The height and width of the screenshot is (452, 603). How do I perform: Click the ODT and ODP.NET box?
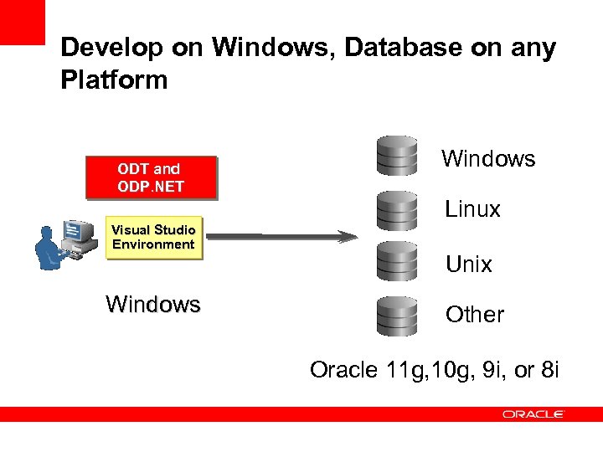click(x=151, y=177)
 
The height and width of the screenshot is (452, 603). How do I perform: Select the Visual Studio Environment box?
click(x=154, y=238)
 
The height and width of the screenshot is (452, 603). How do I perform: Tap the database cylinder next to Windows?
click(x=397, y=157)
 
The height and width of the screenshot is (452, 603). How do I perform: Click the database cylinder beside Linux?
click(x=397, y=210)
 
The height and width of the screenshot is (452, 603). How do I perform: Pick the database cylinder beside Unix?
click(x=397, y=263)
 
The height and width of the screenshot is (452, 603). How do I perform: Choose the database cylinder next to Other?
click(x=397, y=316)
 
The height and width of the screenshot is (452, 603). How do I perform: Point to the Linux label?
click(x=472, y=209)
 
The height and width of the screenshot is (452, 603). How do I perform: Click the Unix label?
click(x=468, y=265)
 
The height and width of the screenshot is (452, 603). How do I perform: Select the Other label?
click(x=474, y=315)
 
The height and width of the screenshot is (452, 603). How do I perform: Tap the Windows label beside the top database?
click(x=488, y=159)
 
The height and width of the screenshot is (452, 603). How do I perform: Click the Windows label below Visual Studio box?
click(x=153, y=304)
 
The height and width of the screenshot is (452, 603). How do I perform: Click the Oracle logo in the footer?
click(x=533, y=414)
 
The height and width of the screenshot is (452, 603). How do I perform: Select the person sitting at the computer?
click(x=49, y=248)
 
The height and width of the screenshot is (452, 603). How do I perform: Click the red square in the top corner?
click(x=22, y=22)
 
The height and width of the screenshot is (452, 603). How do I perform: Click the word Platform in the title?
click(x=114, y=80)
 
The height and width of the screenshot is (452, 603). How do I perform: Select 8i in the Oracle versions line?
click(x=548, y=370)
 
